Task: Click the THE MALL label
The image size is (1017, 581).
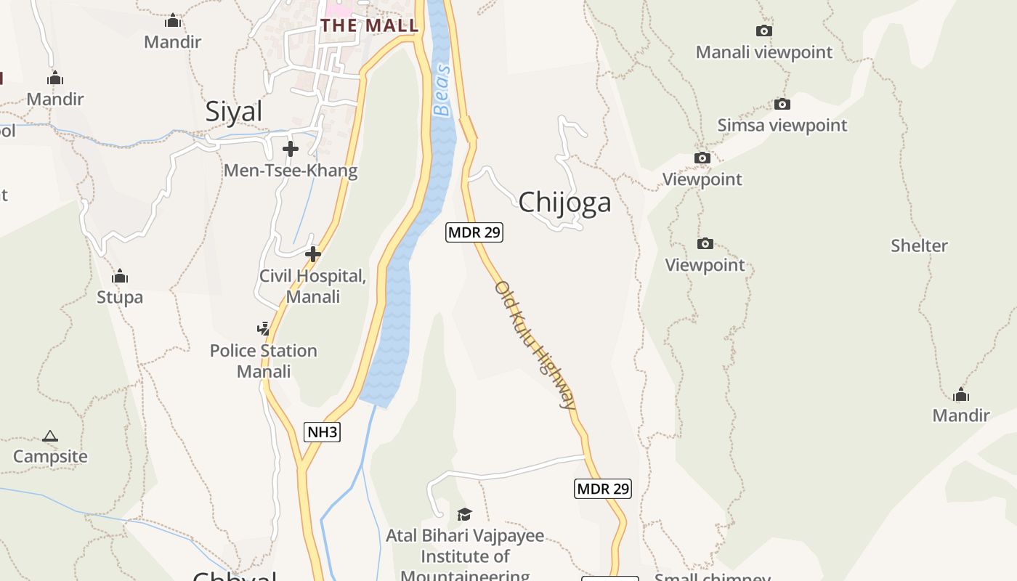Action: point(370,25)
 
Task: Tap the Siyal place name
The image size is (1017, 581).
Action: point(234,112)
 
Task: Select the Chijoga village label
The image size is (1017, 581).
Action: point(564,202)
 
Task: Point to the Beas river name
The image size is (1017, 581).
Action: point(442,91)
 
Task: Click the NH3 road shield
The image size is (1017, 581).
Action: point(322,432)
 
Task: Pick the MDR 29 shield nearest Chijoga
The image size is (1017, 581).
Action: point(474,232)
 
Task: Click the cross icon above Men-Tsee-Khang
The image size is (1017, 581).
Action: point(291,149)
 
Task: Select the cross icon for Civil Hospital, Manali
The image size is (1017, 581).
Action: point(313,254)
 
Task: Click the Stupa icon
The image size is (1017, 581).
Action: point(120,277)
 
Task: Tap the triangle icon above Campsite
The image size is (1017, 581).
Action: point(50,436)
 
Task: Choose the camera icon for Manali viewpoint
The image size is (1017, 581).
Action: point(763,31)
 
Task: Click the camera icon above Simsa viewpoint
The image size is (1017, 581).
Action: point(782,104)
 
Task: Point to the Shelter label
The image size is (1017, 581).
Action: point(919,245)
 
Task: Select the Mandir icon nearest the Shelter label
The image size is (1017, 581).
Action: point(961,395)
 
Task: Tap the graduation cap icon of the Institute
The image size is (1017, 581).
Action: point(464,515)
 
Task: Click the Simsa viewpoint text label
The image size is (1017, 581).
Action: point(782,125)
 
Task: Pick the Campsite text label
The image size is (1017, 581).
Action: point(50,457)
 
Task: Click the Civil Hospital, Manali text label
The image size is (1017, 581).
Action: point(313,286)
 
